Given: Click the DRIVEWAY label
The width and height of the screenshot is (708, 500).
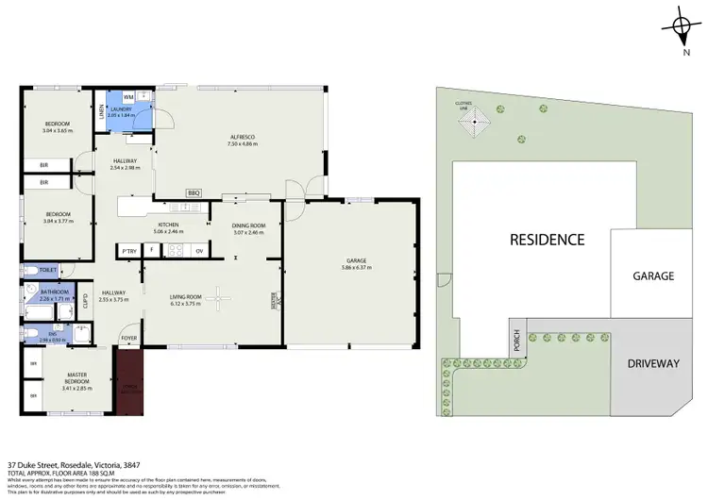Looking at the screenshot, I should coord(651,362).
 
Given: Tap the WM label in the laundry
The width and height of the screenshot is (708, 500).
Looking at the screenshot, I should coord(127,96).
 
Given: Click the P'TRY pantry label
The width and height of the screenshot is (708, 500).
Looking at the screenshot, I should coord(128,250).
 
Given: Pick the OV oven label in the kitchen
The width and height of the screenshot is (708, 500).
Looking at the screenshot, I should coord(199,250).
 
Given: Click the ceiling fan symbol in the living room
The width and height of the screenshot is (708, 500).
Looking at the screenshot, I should coord(219,299).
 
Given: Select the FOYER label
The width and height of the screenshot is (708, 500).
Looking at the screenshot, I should coord(127,338).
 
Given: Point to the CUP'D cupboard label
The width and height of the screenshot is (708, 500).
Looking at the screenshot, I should coord(85,302).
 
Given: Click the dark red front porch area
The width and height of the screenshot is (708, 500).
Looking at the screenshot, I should coord(127,379).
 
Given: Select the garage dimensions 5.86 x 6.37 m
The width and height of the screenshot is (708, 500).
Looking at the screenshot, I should coord(356,268).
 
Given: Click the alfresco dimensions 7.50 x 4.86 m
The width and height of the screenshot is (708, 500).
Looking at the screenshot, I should coord(242,144).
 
